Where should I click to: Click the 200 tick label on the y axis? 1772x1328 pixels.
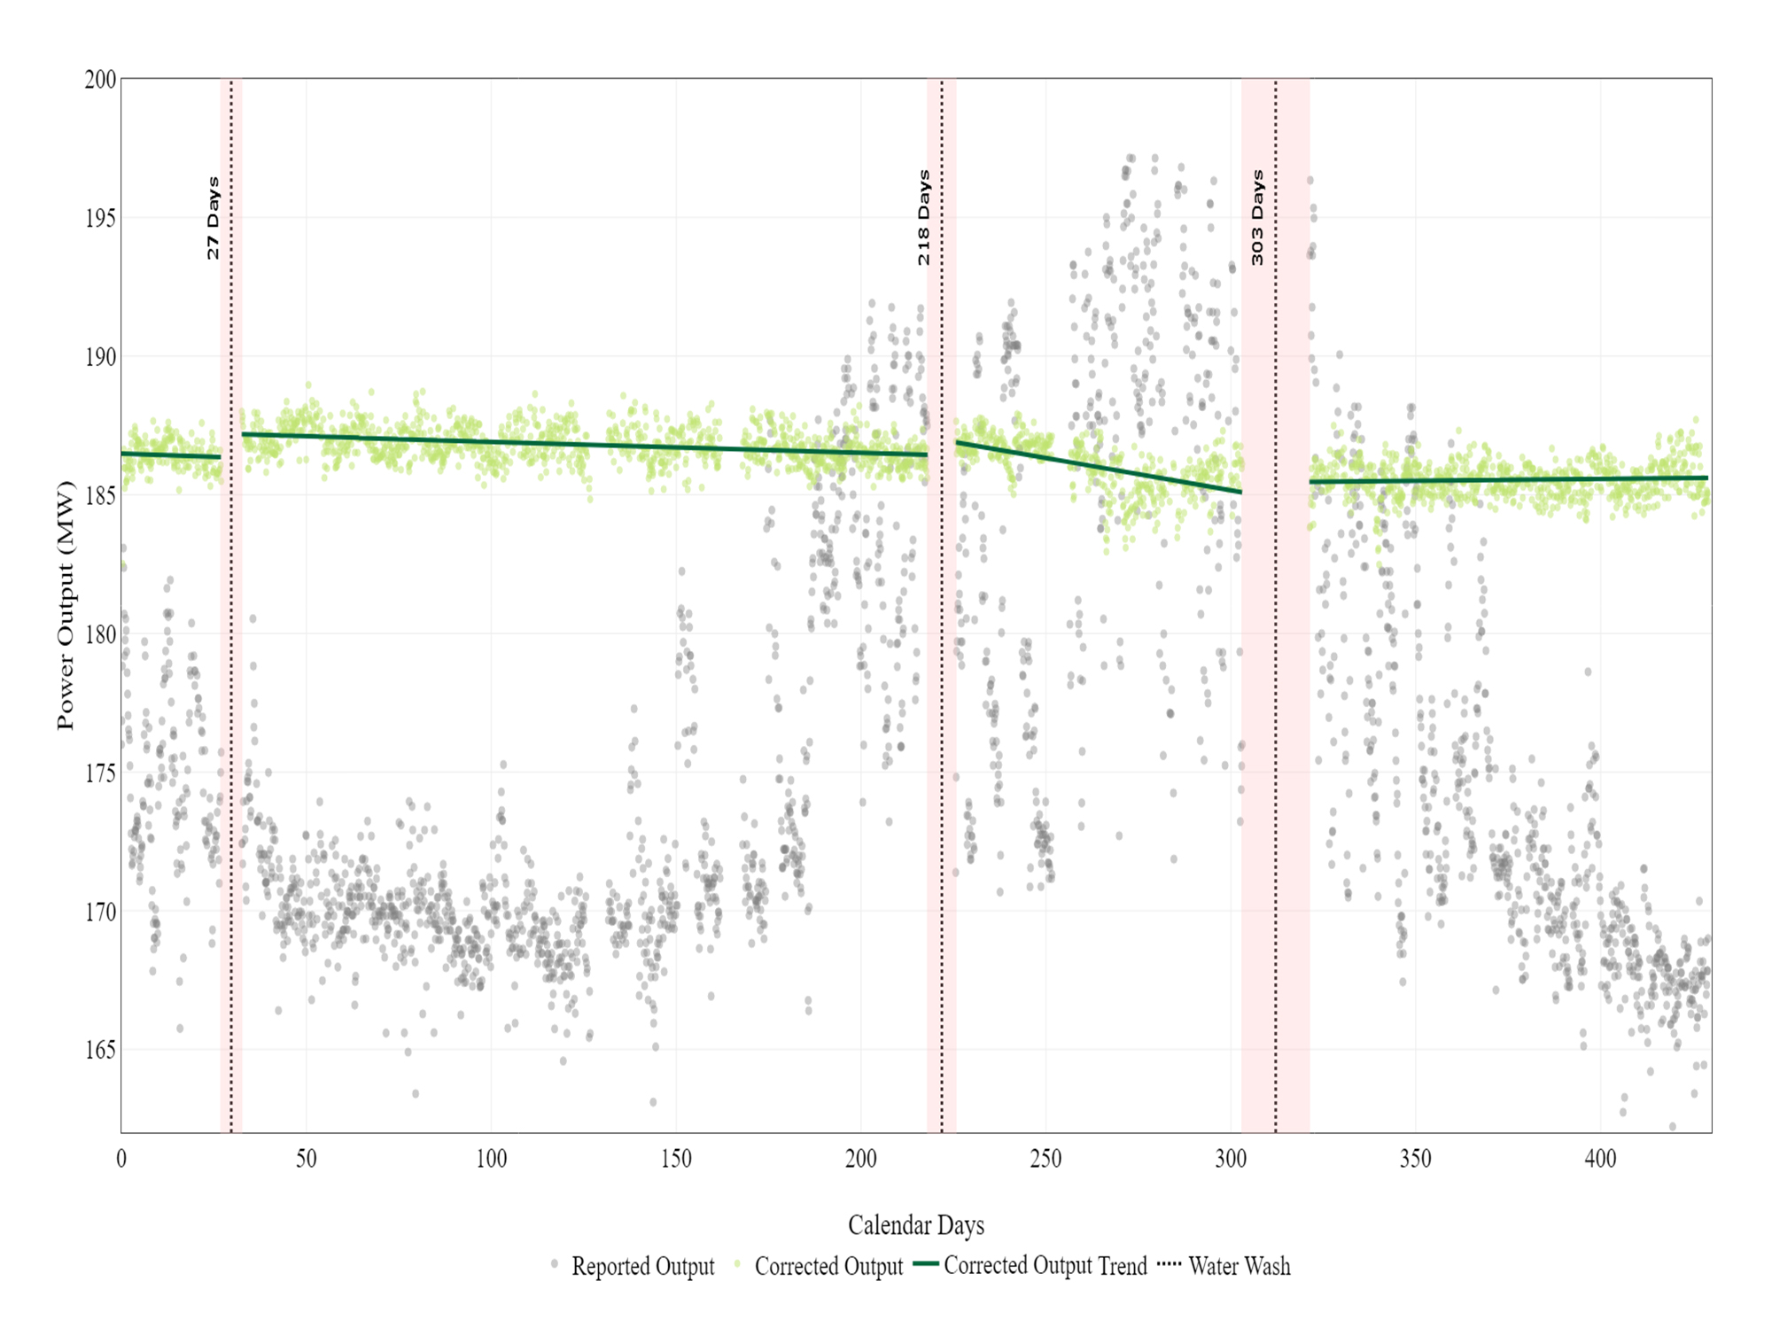tap(100, 80)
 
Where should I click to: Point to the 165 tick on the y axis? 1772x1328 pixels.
tap(100, 1050)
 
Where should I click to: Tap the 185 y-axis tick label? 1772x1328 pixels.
tap(100, 495)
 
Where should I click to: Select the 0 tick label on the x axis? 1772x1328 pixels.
tap(121, 1159)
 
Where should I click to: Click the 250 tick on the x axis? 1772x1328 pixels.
tap(1045, 1159)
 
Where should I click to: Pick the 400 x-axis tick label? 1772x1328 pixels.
tap(1600, 1159)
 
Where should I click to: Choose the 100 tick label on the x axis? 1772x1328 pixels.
tap(491, 1159)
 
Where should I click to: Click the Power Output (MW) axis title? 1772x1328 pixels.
tap(66, 605)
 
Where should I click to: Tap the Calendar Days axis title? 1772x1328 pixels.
tap(915, 1225)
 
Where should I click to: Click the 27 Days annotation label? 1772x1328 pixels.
tap(213, 219)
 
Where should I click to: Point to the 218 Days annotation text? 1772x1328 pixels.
tap(924, 218)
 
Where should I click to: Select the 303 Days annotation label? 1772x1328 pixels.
tap(1257, 218)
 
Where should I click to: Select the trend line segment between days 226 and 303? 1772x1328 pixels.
tap(1099, 467)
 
